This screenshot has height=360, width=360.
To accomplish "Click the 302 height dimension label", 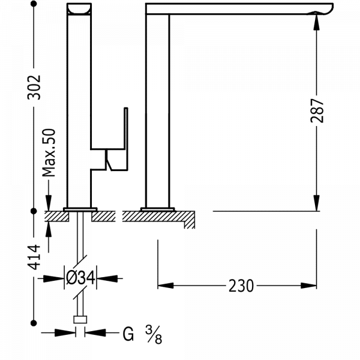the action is (x=34, y=87).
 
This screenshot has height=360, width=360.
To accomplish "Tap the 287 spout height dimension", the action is (x=317, y=110).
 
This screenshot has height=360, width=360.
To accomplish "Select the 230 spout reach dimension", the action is (x=241, y=286).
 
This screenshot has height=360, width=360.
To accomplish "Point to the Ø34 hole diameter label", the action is (x=80, y=278).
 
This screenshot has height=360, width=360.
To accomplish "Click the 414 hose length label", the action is (x=34, y=257).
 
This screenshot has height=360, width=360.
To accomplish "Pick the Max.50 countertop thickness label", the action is (x=49, y=152).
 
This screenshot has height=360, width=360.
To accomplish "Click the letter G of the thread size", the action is (x=128, y=334).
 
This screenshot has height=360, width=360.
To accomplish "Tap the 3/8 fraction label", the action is (x=154, y=335).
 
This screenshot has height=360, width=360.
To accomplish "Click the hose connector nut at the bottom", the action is (x=80, y=320).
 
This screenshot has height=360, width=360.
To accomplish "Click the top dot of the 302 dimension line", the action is (x=34, y=4).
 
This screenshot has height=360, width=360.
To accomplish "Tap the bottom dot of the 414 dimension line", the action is (x=34, y=323).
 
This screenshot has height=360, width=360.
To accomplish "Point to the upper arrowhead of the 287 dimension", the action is (x=317, y=22).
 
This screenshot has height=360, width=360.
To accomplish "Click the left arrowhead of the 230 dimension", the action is (x=166, y=286).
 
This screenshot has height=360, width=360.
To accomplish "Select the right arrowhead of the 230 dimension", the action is (x=308, y=286).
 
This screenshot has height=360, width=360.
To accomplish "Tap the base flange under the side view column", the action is (x=157, y=209).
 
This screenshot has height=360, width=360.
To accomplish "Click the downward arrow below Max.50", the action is (x=49, y=195).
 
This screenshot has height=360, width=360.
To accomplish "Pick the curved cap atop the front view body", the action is (x=79, y=9).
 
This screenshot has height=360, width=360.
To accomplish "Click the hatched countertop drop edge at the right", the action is (x=190, y=220).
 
